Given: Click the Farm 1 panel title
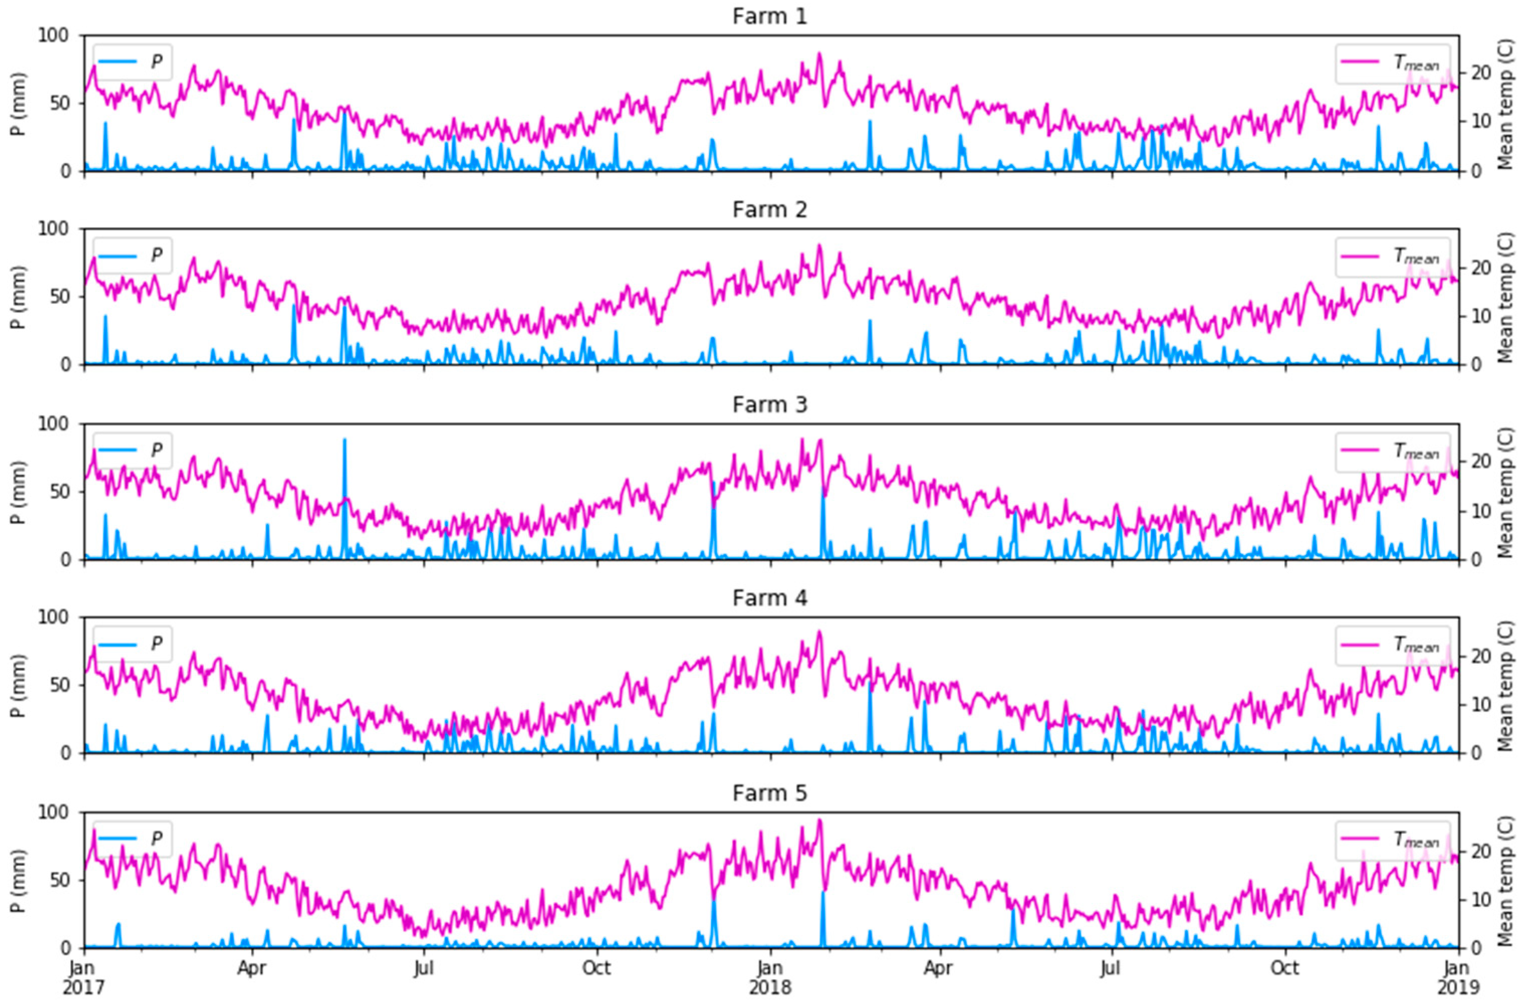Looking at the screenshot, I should pyautogui.click(x=770, y=16).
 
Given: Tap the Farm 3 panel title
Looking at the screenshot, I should pyautogui.click(x=770, y=405).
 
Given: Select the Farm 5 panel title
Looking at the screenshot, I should pyautogui.click(x=770, y=793).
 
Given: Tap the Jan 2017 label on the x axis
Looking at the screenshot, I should pyautogui.click(x=83, y=976).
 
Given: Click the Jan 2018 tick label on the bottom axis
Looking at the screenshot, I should pyautogui.click(x=770, y=976).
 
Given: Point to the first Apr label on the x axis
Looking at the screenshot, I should pyautogui.click(x=252, y=967).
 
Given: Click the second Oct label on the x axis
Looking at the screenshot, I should pyautogui.click(x=1284, y=967).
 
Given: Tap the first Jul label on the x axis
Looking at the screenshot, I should pyautogui.click(x=424, y=967).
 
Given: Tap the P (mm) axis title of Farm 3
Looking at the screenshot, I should pyautogui.click(x=19, y=492).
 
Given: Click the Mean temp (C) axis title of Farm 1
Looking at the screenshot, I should pyautogui.click(x=1505, y=103).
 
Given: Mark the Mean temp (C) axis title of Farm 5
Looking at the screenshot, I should pyautogui.click(x=1505, y=880).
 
